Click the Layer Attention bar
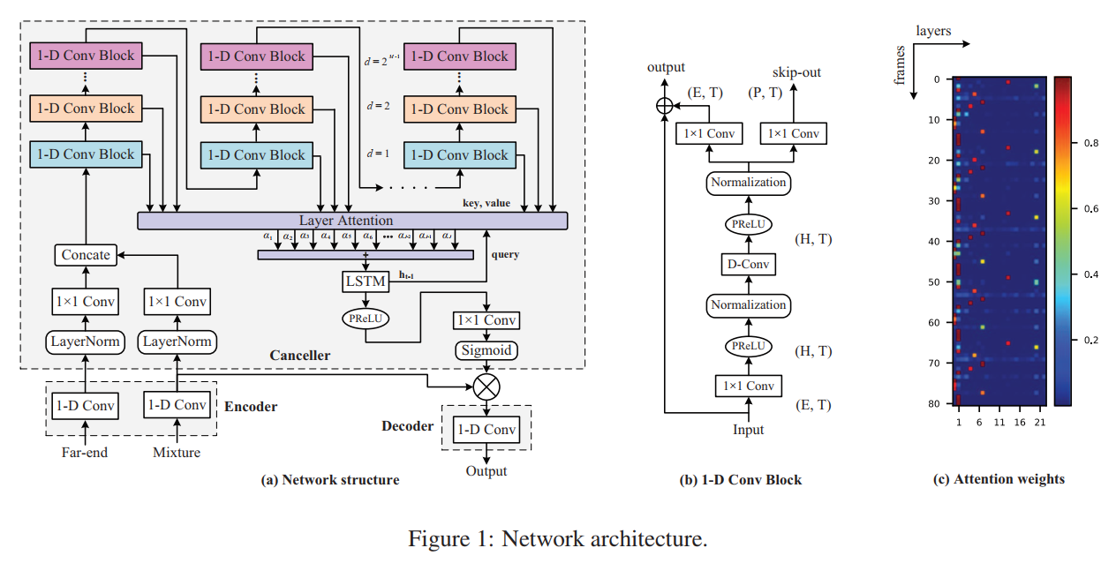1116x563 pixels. (x=352, y=221)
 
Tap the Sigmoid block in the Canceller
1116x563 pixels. (x=485, y=350)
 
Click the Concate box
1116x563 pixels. (x=86, y=255)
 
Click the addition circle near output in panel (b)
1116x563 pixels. (x=664, y=106)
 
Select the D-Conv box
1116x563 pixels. (x=748, y=264)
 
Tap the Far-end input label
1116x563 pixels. (x=86, y=453)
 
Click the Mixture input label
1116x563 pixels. (x=177, y=453)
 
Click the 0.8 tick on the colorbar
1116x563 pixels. (x=1088, y=141)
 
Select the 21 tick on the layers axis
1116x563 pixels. (x=1039, y=423)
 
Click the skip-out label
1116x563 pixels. (x=796, y=72)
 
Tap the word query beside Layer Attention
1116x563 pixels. (x=505, y=255)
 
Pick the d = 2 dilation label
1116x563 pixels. (x=378, y=106)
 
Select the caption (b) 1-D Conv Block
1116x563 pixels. (x=741, y=480)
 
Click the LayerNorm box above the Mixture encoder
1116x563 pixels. (x=177, y=342)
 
